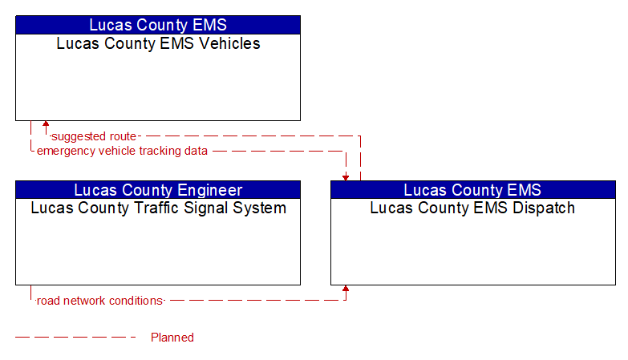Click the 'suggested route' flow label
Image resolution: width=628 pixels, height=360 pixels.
94,136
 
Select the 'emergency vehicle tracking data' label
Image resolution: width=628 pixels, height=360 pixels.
122,151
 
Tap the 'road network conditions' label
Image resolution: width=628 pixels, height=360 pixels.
99,301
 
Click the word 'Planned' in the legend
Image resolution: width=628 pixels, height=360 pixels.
172,338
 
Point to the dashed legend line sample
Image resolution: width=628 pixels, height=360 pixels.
75,338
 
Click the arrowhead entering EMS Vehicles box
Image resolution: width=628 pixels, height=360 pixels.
46,123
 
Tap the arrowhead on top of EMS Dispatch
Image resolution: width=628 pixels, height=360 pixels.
346,178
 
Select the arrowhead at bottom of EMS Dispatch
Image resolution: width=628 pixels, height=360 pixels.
346,289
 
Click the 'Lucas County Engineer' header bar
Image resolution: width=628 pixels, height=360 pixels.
158,190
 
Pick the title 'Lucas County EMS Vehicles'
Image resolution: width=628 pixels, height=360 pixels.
158,43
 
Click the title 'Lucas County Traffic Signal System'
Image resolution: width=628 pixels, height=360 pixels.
158,208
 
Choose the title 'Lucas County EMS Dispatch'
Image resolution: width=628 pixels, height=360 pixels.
472,208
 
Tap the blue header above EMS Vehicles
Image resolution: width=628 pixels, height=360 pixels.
158,25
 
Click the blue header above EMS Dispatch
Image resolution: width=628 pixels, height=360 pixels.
473,190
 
